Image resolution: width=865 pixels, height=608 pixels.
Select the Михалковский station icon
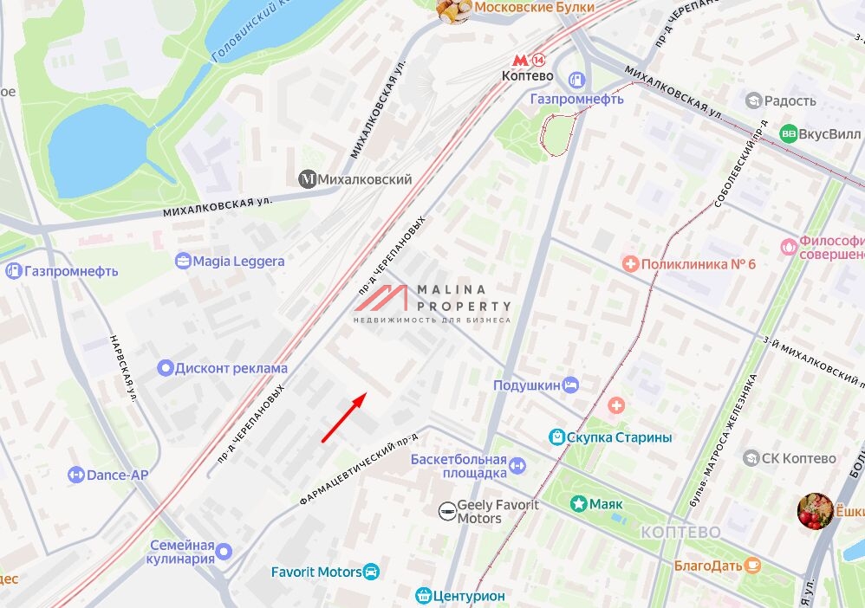tap(308, 178)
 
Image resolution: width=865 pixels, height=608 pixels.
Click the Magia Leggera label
tap(238, 261)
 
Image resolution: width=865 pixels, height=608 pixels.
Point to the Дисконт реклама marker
tap(166, 368)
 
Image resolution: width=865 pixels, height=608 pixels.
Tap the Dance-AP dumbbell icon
tap(76, 475)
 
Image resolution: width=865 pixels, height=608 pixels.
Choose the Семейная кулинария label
tap(181, 552)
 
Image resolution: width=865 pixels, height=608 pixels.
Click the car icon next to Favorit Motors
tap(372, 572)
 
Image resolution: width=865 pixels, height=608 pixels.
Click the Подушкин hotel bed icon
tap(570, 385)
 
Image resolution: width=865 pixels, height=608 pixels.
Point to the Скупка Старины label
tap(619, 437)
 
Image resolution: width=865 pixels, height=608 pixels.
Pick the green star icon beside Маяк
tap(577, 503)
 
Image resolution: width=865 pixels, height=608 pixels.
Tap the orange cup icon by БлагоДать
tap(753, 566)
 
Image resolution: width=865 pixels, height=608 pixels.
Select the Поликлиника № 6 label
tap(699, 263)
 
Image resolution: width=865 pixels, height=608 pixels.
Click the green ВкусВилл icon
tap(788, 133)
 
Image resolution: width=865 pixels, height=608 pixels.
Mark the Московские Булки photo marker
tap(453, 9)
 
